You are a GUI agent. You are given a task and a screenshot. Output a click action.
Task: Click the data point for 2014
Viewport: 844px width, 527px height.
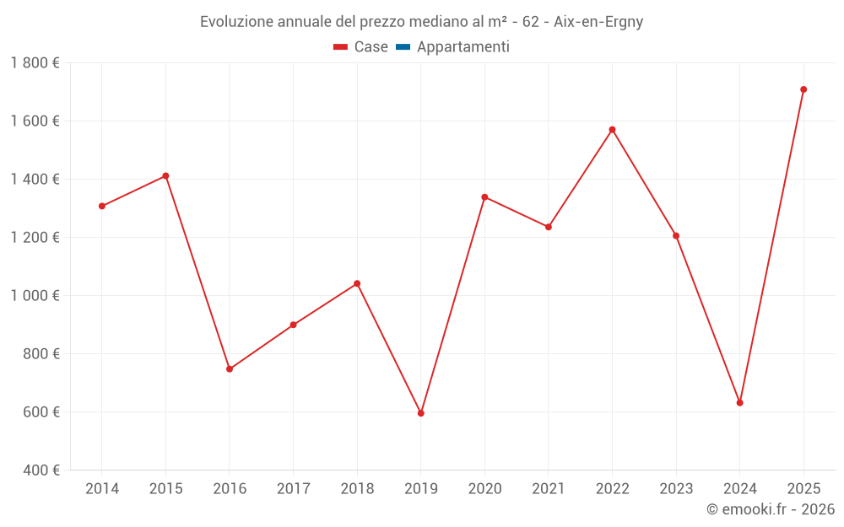tap(102, 206)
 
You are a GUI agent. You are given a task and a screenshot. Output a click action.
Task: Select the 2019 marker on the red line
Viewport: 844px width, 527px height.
tap(420, 413)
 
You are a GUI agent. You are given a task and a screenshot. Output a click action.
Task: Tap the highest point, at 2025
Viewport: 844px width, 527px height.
tap(803, 89)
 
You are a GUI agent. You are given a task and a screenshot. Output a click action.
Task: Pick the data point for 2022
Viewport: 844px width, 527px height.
tap(612, 130)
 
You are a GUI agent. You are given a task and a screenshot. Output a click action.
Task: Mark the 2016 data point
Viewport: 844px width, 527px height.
tap(230, 369)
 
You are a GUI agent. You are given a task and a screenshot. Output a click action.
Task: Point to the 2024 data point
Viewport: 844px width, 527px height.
tap(739, 403)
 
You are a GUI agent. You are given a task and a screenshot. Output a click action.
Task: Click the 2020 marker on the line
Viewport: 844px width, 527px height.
tap(484, 197)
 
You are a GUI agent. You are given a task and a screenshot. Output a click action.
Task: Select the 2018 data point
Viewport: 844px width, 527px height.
tap(357, 283)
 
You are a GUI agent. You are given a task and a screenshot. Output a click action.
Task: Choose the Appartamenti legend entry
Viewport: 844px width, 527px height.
tap(463, 47)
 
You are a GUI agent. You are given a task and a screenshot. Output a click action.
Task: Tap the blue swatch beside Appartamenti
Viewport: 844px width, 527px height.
tap(403, 47)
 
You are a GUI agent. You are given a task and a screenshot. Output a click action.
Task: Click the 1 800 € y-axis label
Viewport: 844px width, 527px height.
tap(35, 63)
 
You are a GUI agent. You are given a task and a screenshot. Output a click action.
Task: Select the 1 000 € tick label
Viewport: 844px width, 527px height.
tap(35, 296)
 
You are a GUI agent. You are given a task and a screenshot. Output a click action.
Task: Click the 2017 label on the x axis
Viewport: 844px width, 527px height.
tap(293, 489)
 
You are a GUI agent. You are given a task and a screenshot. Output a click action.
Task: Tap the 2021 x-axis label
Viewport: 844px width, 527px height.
tap(549, 489)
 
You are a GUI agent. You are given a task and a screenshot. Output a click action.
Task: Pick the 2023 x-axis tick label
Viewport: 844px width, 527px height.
tap(676, 489)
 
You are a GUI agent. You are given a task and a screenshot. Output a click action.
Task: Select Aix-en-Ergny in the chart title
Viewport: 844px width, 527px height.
tap(598, 22)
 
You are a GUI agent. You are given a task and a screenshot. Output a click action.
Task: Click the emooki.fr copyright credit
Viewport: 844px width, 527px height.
tap(770, 509)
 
